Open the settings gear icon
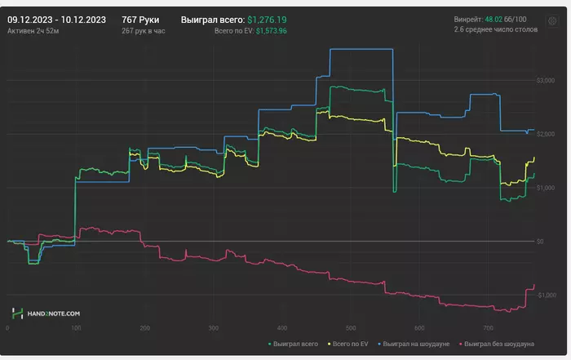click(552, 22)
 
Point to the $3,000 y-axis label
click(542, 80)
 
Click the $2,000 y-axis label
click(542, 134)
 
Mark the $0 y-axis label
click(540, 242)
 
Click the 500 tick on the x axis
click(350, 328)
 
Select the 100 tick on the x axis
click(76, 328)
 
